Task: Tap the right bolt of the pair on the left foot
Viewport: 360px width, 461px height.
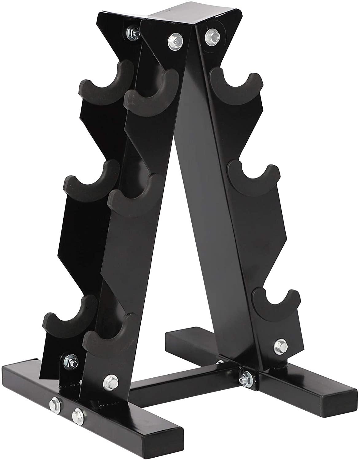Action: coord(76,416)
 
